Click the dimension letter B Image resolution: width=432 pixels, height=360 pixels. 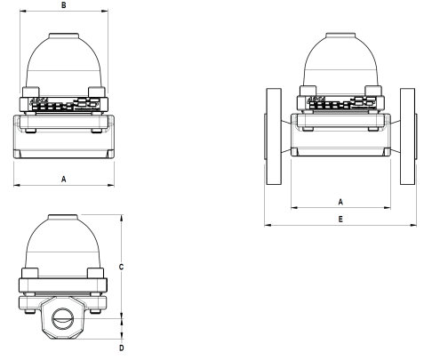(x=61, y=5)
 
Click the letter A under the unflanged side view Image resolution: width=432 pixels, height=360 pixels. (x=62, y=179)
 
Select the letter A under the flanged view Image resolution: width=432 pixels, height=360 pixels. (x=341, y=201)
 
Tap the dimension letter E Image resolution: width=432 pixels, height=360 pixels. (x=341, y=218)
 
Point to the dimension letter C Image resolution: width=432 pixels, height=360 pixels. (x=121, y=266)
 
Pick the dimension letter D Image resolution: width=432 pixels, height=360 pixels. (x=121, y=347)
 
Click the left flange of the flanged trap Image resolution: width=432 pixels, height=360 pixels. (x=275, y=136)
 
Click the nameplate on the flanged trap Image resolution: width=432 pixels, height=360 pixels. (x=341, y=104)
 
